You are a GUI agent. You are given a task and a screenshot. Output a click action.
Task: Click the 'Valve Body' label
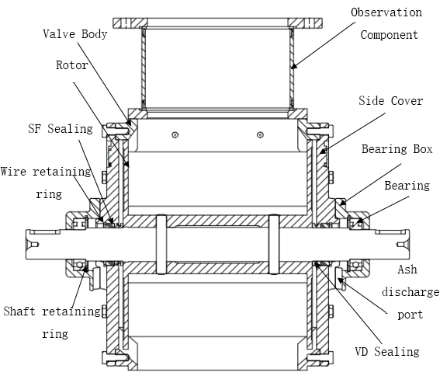75,34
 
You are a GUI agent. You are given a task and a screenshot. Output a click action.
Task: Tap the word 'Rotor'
72,65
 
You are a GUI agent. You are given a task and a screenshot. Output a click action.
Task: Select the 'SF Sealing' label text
61,129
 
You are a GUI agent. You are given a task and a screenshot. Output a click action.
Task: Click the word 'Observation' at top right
386,12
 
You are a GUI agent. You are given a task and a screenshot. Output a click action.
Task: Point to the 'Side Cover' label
390,101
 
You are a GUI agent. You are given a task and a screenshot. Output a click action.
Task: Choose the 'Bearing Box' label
397,149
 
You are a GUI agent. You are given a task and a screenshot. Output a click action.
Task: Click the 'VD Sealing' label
387,352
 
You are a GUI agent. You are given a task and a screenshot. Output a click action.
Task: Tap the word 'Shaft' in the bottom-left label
19,311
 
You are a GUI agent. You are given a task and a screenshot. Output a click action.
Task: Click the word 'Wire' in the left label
13,172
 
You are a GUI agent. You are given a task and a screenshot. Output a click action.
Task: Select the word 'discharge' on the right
411,292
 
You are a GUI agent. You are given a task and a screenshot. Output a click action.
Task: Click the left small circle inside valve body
175,135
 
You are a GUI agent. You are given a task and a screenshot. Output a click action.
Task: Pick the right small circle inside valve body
260,135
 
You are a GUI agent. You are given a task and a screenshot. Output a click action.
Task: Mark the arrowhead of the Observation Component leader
293,66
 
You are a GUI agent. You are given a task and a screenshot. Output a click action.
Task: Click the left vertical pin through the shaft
161,244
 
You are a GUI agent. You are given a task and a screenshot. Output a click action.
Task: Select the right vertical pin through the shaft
274,244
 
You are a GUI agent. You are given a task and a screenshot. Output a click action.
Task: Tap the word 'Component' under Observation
390,35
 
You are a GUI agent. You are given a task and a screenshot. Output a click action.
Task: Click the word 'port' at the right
411,315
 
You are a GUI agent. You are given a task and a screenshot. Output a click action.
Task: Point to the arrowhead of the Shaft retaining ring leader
85,269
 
